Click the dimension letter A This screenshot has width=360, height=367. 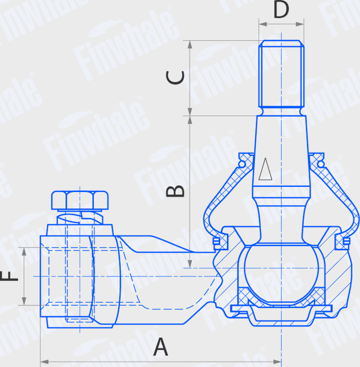click(161, 347)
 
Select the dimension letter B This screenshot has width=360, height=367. click(176, 190)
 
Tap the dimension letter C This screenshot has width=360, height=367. click(176, 77)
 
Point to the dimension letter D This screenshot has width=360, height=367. click(281, 10)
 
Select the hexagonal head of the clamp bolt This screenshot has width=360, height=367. click(80, 200)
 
